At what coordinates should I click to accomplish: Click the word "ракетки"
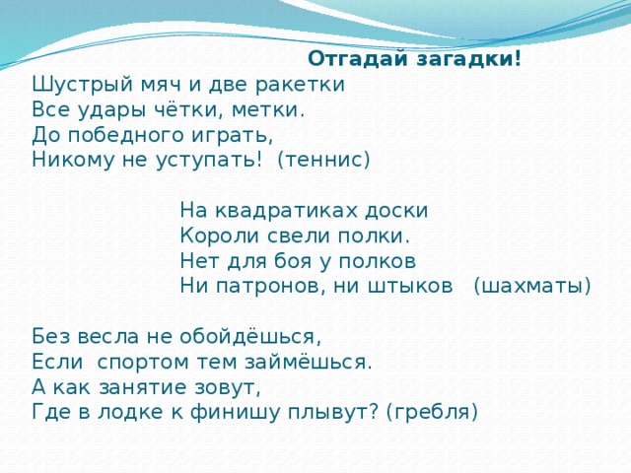click(307, 85)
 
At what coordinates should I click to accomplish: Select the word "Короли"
click(215, 236)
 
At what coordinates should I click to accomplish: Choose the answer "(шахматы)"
click(532, 286)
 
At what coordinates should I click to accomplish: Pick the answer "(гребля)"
click(432, 412)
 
